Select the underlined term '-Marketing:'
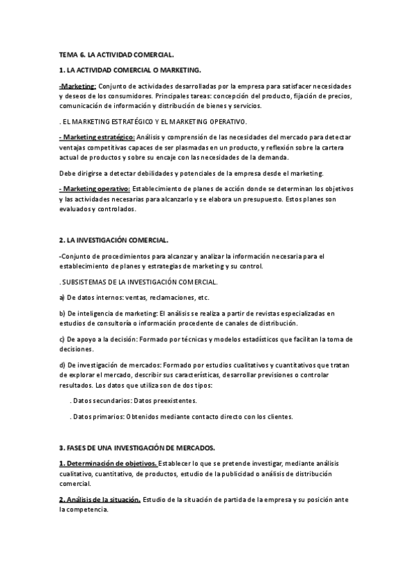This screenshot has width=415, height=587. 77,86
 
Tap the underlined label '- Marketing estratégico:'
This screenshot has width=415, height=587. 97,137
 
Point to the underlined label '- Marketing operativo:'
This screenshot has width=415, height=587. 94,189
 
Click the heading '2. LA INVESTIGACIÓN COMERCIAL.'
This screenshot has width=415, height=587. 113,240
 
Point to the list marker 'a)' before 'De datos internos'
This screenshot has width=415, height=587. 62,298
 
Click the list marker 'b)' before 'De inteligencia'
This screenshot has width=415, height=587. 62,314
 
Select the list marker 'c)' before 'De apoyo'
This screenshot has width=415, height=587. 62,339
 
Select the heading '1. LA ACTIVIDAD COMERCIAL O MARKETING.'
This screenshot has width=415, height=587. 131,71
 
